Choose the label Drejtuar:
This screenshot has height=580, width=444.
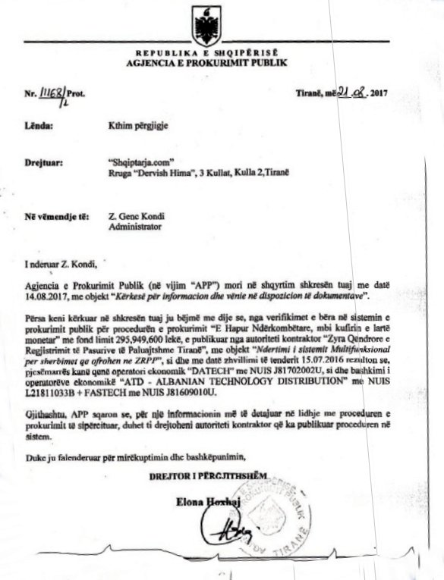click(43, 161)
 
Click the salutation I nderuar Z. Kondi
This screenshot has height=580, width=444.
click(61, 264)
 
